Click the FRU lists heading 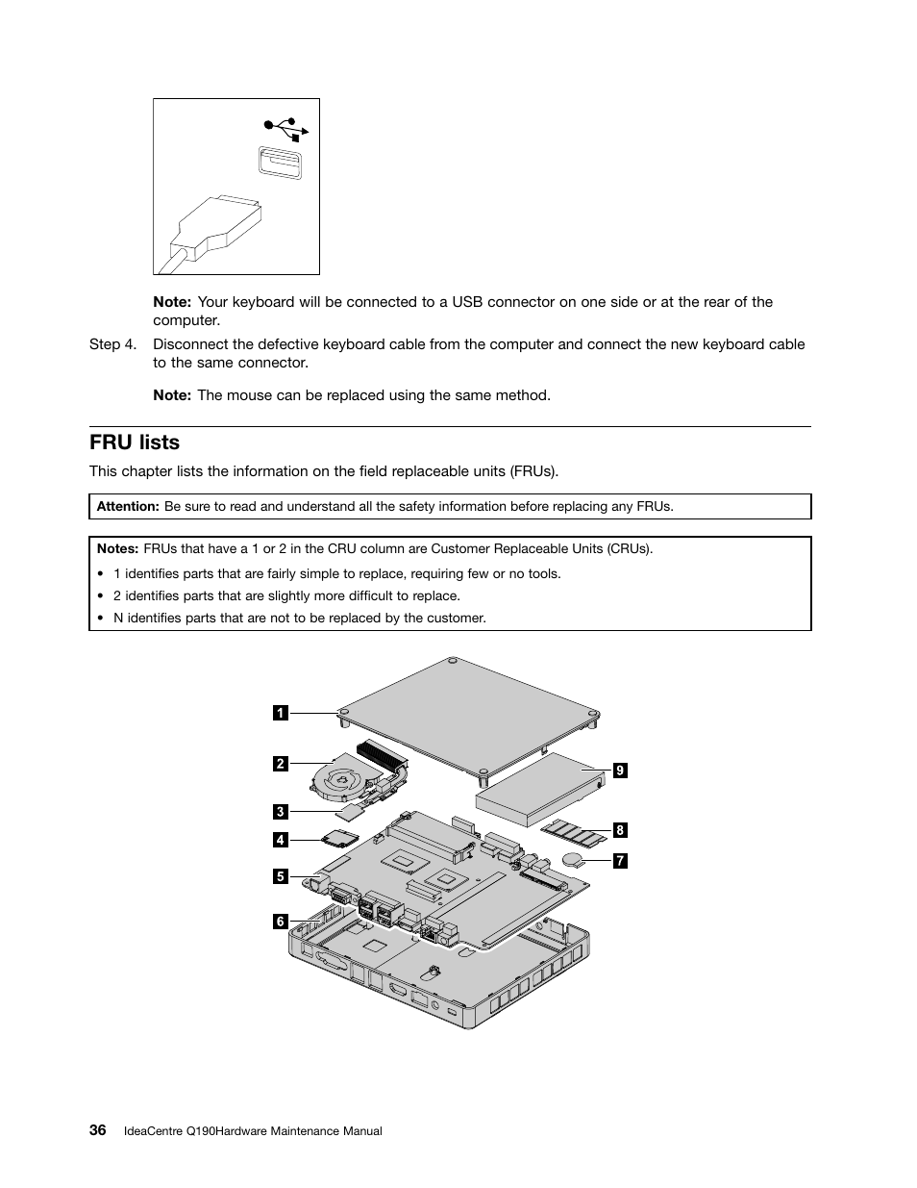(135, 442)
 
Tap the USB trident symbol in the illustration (285, 128)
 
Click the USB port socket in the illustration (280, 163)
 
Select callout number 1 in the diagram (280, 713)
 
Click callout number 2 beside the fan (280, 764)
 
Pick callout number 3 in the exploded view (280, 811)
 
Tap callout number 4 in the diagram (280, 840)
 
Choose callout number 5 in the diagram (280, 876)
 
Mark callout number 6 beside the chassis (280, 922)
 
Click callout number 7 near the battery (620, 861)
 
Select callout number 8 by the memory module (620, 830)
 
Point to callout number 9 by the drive (620, 771)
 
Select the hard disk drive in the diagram (538, 789)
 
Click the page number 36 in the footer (98, 1130)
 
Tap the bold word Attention (128, 506)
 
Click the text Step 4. (118, 344)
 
